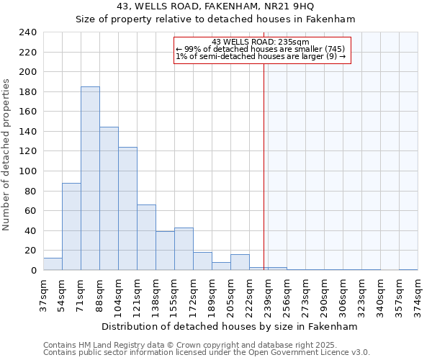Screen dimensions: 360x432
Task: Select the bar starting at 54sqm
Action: click(71, 227)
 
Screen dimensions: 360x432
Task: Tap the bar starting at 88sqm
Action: click(109, 199)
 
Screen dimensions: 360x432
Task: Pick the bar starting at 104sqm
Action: click(127, 209)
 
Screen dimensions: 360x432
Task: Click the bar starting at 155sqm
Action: click(184, 249)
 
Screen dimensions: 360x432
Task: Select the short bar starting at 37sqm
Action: click(53, 264)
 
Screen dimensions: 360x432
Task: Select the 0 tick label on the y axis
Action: click(33, 271)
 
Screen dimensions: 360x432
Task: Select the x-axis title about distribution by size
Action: click(230, 326)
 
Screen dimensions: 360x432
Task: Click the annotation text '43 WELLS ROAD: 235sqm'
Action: click(261, 42)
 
